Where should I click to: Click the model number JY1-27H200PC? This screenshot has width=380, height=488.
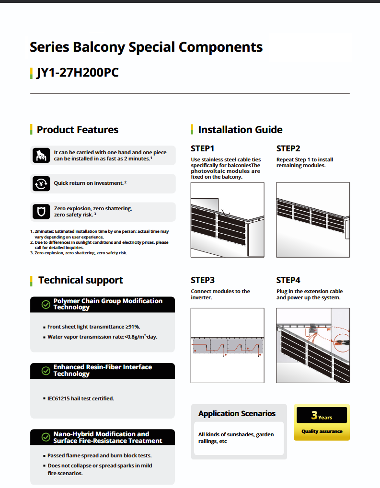click(x=77, y=73)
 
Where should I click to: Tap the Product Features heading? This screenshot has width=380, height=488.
click(x=77, y=130)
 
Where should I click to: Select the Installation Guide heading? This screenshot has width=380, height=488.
click(x=240, y=130)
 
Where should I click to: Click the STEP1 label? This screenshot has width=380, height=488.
click(x=202, y=148)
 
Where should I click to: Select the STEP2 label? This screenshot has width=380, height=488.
click(x=288, y=148)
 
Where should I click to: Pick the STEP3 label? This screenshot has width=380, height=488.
click(x=202, y=280)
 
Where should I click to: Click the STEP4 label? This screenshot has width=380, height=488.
click(x=288, y=280)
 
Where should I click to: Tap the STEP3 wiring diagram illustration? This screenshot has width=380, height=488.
click(x=227, y=345)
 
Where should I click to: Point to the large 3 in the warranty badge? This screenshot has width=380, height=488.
click(x=314, y=415)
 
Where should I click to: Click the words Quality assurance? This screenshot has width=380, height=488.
click(x=322, y=431)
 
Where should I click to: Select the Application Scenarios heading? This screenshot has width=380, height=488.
click(x=237, y=414)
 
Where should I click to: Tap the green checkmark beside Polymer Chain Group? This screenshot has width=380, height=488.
click(x=46, y=305)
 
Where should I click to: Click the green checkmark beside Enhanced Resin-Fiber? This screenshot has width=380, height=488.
click(x=46, y=371)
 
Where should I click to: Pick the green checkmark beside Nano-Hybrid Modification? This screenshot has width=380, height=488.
click(x=46, y=437)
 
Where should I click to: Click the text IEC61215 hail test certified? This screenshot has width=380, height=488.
click(x=81, y=398)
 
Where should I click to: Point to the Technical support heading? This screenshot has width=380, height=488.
click(x=81, y=281)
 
